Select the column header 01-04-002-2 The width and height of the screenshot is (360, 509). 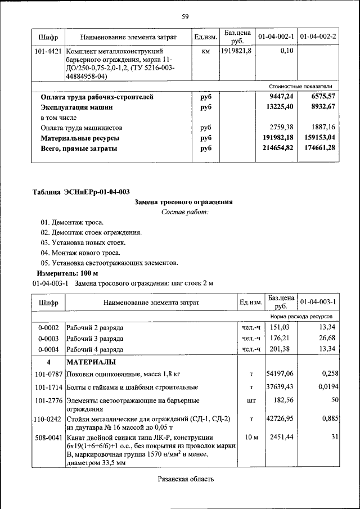point(318,37)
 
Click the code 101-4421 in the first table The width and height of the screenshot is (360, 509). point(48,51)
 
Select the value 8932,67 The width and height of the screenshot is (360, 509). point(320,107)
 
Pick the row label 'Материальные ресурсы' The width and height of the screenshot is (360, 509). point(79,138)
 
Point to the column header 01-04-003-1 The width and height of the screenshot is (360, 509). point(318,302)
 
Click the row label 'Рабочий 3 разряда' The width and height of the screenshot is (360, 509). point(95,338)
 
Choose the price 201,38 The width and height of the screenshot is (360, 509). point(280,349)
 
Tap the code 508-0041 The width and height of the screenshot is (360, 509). point(48,438)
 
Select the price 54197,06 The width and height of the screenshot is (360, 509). point(280,373)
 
